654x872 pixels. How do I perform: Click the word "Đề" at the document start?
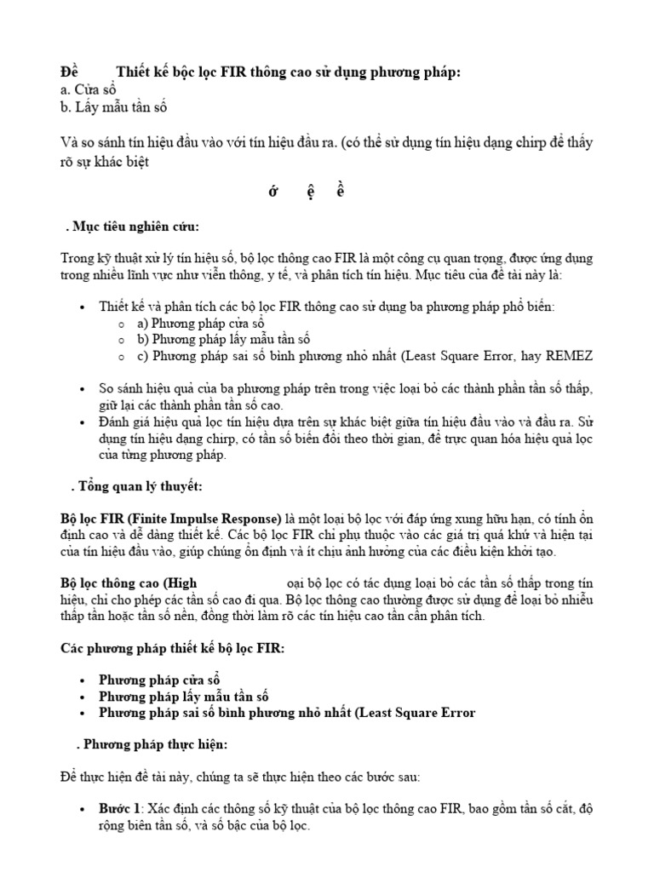point(70,72)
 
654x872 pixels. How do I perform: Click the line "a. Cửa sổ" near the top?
point(89,89)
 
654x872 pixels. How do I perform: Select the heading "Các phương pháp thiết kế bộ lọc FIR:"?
point(173,647)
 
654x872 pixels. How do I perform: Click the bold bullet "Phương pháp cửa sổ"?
point(159,680)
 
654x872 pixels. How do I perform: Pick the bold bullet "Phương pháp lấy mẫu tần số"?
point(183,696)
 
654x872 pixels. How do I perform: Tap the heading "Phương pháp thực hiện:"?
point(154,743)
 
